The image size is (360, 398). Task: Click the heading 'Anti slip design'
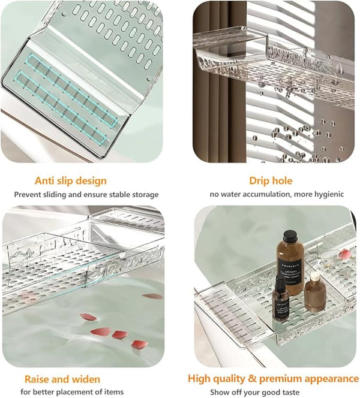pos(71,181)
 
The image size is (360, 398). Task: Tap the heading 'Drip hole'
pos(271,180)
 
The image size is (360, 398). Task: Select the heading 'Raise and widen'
pos(62,379)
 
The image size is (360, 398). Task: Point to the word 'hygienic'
pos(329,194)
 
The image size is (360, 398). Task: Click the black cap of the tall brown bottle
pos(290,236)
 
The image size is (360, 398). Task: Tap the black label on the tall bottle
pos(291,270)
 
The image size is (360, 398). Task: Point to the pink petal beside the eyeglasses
pos(344,253)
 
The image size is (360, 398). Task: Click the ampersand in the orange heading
pos(252,378)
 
